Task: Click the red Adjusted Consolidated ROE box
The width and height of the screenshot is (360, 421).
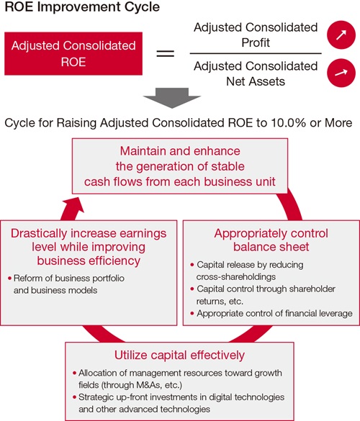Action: [73, 53]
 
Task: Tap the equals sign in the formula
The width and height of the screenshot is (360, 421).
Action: [166, 53]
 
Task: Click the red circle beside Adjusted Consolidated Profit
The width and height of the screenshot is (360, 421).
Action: [341, 35]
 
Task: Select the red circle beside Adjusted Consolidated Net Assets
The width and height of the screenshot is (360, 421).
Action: [341, 73]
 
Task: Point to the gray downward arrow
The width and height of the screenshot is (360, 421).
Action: [172, 98]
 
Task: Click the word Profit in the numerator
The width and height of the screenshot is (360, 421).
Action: [256, 42]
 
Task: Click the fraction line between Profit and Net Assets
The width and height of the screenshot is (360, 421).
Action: [256, 53]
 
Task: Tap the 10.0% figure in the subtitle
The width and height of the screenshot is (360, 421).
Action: [288, 123]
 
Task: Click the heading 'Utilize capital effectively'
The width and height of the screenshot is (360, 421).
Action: [179, 355]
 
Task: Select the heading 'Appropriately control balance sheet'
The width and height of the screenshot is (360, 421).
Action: [271, 240]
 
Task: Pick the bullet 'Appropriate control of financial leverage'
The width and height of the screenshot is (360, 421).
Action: [271, 313]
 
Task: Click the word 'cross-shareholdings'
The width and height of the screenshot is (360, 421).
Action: [236, 277]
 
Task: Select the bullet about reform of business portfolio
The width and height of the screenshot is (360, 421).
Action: [66, 284]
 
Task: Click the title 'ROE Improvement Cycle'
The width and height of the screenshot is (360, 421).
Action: [82, 6]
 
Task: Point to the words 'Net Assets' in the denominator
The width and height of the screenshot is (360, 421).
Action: [256, 81]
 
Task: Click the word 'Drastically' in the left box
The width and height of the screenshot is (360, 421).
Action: [39, 233]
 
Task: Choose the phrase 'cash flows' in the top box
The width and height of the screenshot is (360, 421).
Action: [113, 182]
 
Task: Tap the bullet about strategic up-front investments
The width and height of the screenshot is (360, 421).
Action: [179, 403]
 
